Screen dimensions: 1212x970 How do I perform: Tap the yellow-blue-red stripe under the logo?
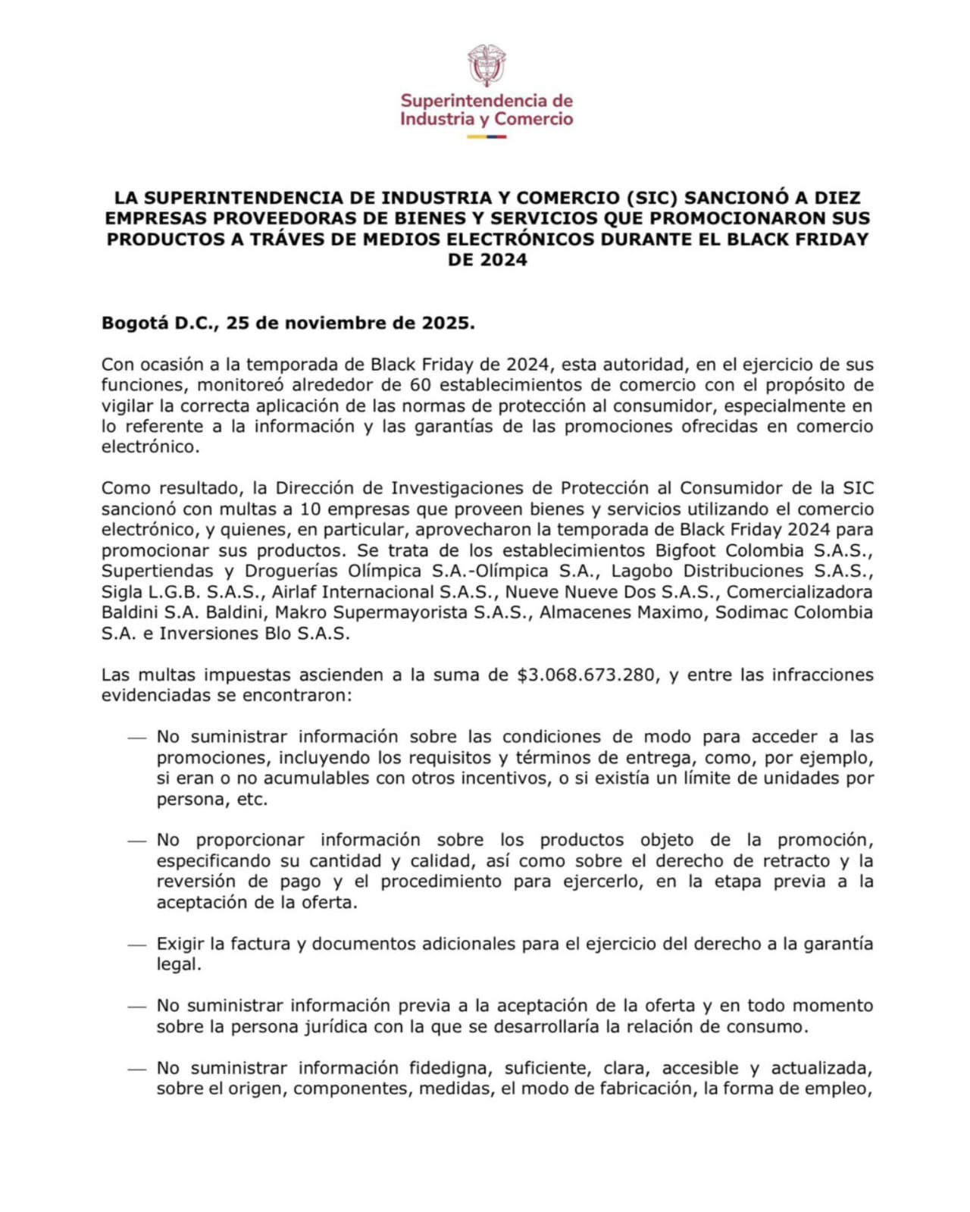point(486,136)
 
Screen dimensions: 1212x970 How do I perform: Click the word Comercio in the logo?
point(533,119)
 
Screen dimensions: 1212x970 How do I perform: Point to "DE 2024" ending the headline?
point(487,260)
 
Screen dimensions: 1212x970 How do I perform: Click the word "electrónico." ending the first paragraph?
point(150,446)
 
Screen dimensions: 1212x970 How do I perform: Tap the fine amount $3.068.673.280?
point(586,675)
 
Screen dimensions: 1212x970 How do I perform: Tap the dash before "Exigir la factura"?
point(136,944)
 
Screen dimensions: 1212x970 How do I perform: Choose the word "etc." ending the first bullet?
point(252,799)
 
